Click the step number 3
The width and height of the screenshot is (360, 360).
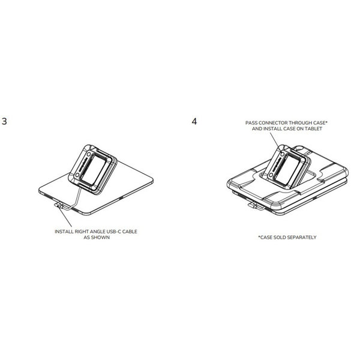pos(4,121)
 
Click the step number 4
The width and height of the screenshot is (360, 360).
pos(194,121)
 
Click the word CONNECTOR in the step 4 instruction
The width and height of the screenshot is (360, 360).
pos(272,123)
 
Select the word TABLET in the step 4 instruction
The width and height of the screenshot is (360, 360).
pos(313,129)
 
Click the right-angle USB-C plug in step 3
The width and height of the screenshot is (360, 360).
pos(59,205)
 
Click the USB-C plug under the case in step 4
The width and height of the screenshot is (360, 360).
pos(254,205)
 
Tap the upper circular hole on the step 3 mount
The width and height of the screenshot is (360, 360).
pos(89,154)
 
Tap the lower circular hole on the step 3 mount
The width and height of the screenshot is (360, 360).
pos(77,175)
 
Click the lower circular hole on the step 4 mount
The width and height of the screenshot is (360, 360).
pos(271,175)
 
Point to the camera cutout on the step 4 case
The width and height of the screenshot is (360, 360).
pos(300,148)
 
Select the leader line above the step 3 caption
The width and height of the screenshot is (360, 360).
pos(65,217)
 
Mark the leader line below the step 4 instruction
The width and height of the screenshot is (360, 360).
pos(275,140)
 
